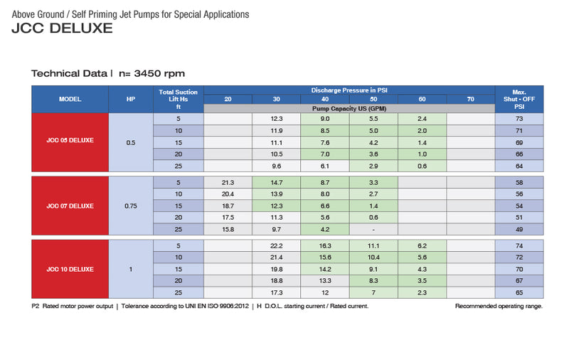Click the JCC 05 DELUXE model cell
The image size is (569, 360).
tap(70, 142)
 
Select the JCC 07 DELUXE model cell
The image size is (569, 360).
tap(70, 206)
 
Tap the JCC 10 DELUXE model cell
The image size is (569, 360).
tap(70, 269)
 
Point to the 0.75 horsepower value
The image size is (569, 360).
tap(131, 206)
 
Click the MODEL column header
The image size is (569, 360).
tap(70, 99)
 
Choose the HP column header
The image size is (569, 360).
tap(131, 99)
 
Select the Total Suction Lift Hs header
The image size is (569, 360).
tap(179, 99)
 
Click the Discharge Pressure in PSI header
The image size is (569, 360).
tap(349, 90)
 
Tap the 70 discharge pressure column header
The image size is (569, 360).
tap(471, 99)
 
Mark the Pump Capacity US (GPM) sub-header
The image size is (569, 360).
tap(349, 109)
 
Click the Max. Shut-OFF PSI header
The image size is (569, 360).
tap(519, 99)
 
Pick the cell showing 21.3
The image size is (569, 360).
tap(228, 183)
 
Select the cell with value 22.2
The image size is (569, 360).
tap(277, 245)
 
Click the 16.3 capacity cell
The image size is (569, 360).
tap(325, 245)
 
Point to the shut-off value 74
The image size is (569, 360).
tap(519, 245)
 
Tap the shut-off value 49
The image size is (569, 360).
tap(519, 229)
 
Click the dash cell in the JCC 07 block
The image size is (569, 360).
tap(373, 229)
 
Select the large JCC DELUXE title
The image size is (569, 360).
tap(62, 28)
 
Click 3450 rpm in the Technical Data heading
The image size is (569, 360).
tap(159, 74)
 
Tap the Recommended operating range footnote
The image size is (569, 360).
tap(499, 306)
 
